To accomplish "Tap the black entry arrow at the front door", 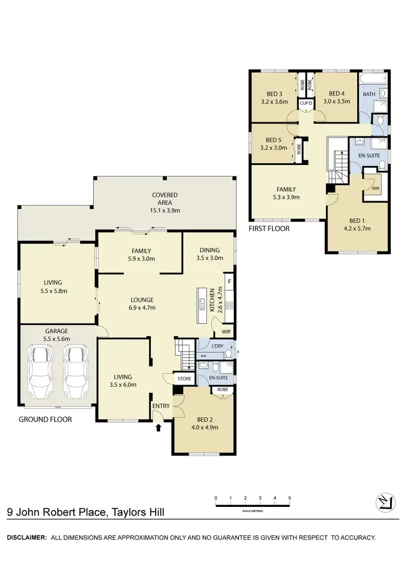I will pyautogui.click(x=159, y=428).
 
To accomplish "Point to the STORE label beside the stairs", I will pyautogui.click(x=184, y=379).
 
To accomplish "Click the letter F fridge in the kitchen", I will pyautogui.click(x=229, y=282).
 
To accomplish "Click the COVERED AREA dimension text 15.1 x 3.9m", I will pyautogui.click(x=165, y=210).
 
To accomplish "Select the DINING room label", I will pyautogui.click(x=209, y=250).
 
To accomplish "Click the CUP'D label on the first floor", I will pyautogui.click(x=306, y=103).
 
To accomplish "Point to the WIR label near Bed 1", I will pyautogui.click(x=376, y=188).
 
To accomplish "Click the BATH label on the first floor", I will pyautogui.click(x=369, y=94).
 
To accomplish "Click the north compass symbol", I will pyautogui.click(x=385, y=503).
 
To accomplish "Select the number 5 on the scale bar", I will pyautogui.click(x=290, y=498).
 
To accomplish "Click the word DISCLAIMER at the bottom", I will pyautogui.click(x=25, y=538).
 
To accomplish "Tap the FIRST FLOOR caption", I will pyautogui.click(x=269, y=229).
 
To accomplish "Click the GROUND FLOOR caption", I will pyautogui.click(x=45, y=419).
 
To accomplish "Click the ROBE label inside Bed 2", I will pyautogui.click(x=222, y=390).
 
